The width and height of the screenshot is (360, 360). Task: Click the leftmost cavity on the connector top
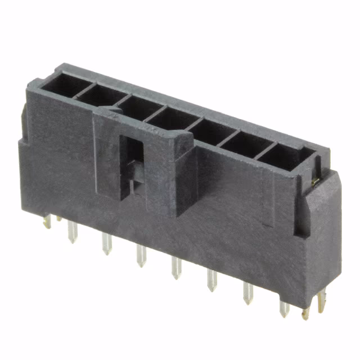(x=66, y=85)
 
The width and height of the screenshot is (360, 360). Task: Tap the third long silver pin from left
(x=141, y=256)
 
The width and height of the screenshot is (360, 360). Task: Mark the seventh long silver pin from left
(x=283, y=307)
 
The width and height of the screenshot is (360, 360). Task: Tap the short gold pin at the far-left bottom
(x=47, y=222)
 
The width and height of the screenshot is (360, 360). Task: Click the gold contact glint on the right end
(x=316, y=181)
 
